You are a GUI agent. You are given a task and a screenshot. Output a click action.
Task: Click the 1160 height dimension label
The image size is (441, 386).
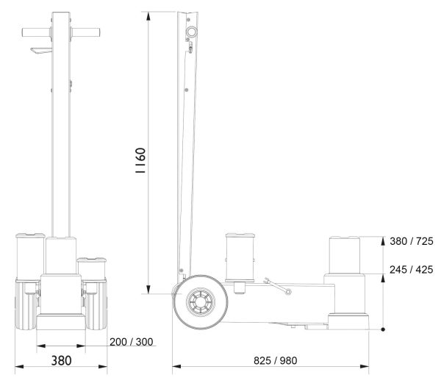click(140, 160)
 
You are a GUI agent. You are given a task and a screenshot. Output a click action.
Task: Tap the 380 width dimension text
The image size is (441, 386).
click(61, 360)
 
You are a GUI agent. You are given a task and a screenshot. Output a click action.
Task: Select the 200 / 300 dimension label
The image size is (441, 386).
click(132, 342)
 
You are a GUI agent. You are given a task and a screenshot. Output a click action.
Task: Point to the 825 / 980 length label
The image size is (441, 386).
click(276, 360)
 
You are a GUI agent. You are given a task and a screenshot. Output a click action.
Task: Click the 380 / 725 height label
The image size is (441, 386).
click(412, 241)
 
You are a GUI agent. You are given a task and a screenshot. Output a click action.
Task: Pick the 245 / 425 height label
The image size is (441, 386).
click(412, 270)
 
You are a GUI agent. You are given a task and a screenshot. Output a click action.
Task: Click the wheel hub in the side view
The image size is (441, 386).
click(201, 302)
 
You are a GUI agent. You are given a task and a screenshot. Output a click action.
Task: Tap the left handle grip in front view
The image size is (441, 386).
click(37, 32)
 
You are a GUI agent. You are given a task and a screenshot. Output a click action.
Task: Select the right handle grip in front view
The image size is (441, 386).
click(85, 32)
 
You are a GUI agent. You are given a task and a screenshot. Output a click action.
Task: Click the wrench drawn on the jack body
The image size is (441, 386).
click(277, 286)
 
